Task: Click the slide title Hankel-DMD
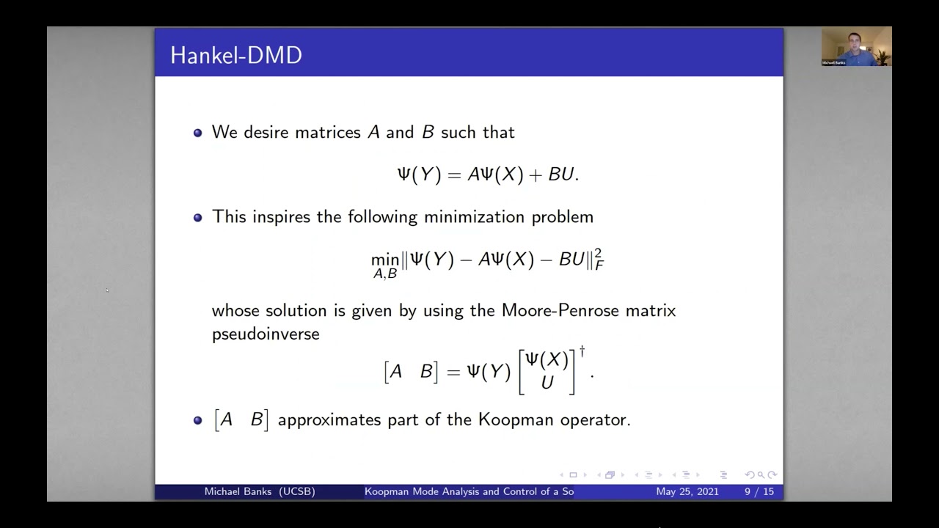click(x=236, y=56)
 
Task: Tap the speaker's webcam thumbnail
click(x=856, y=47)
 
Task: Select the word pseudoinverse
click(x=266, y=334)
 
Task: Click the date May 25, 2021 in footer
click(x=687, y=491)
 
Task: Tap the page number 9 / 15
click(x=759, y=491)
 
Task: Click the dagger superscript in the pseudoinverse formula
click(x=582, y=351)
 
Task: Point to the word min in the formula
click(x=385, y=260)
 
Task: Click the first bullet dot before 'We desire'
click(x=197, y=133)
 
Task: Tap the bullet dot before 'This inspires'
click(x=197, y=218)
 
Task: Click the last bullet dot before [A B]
click(x=197, y=420)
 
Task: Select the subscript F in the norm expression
click(x=599, y=265)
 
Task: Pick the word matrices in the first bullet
click(x=328, y=133)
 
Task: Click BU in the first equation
click(x=561, y=175)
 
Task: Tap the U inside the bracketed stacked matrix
click(x=547, y=382)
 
